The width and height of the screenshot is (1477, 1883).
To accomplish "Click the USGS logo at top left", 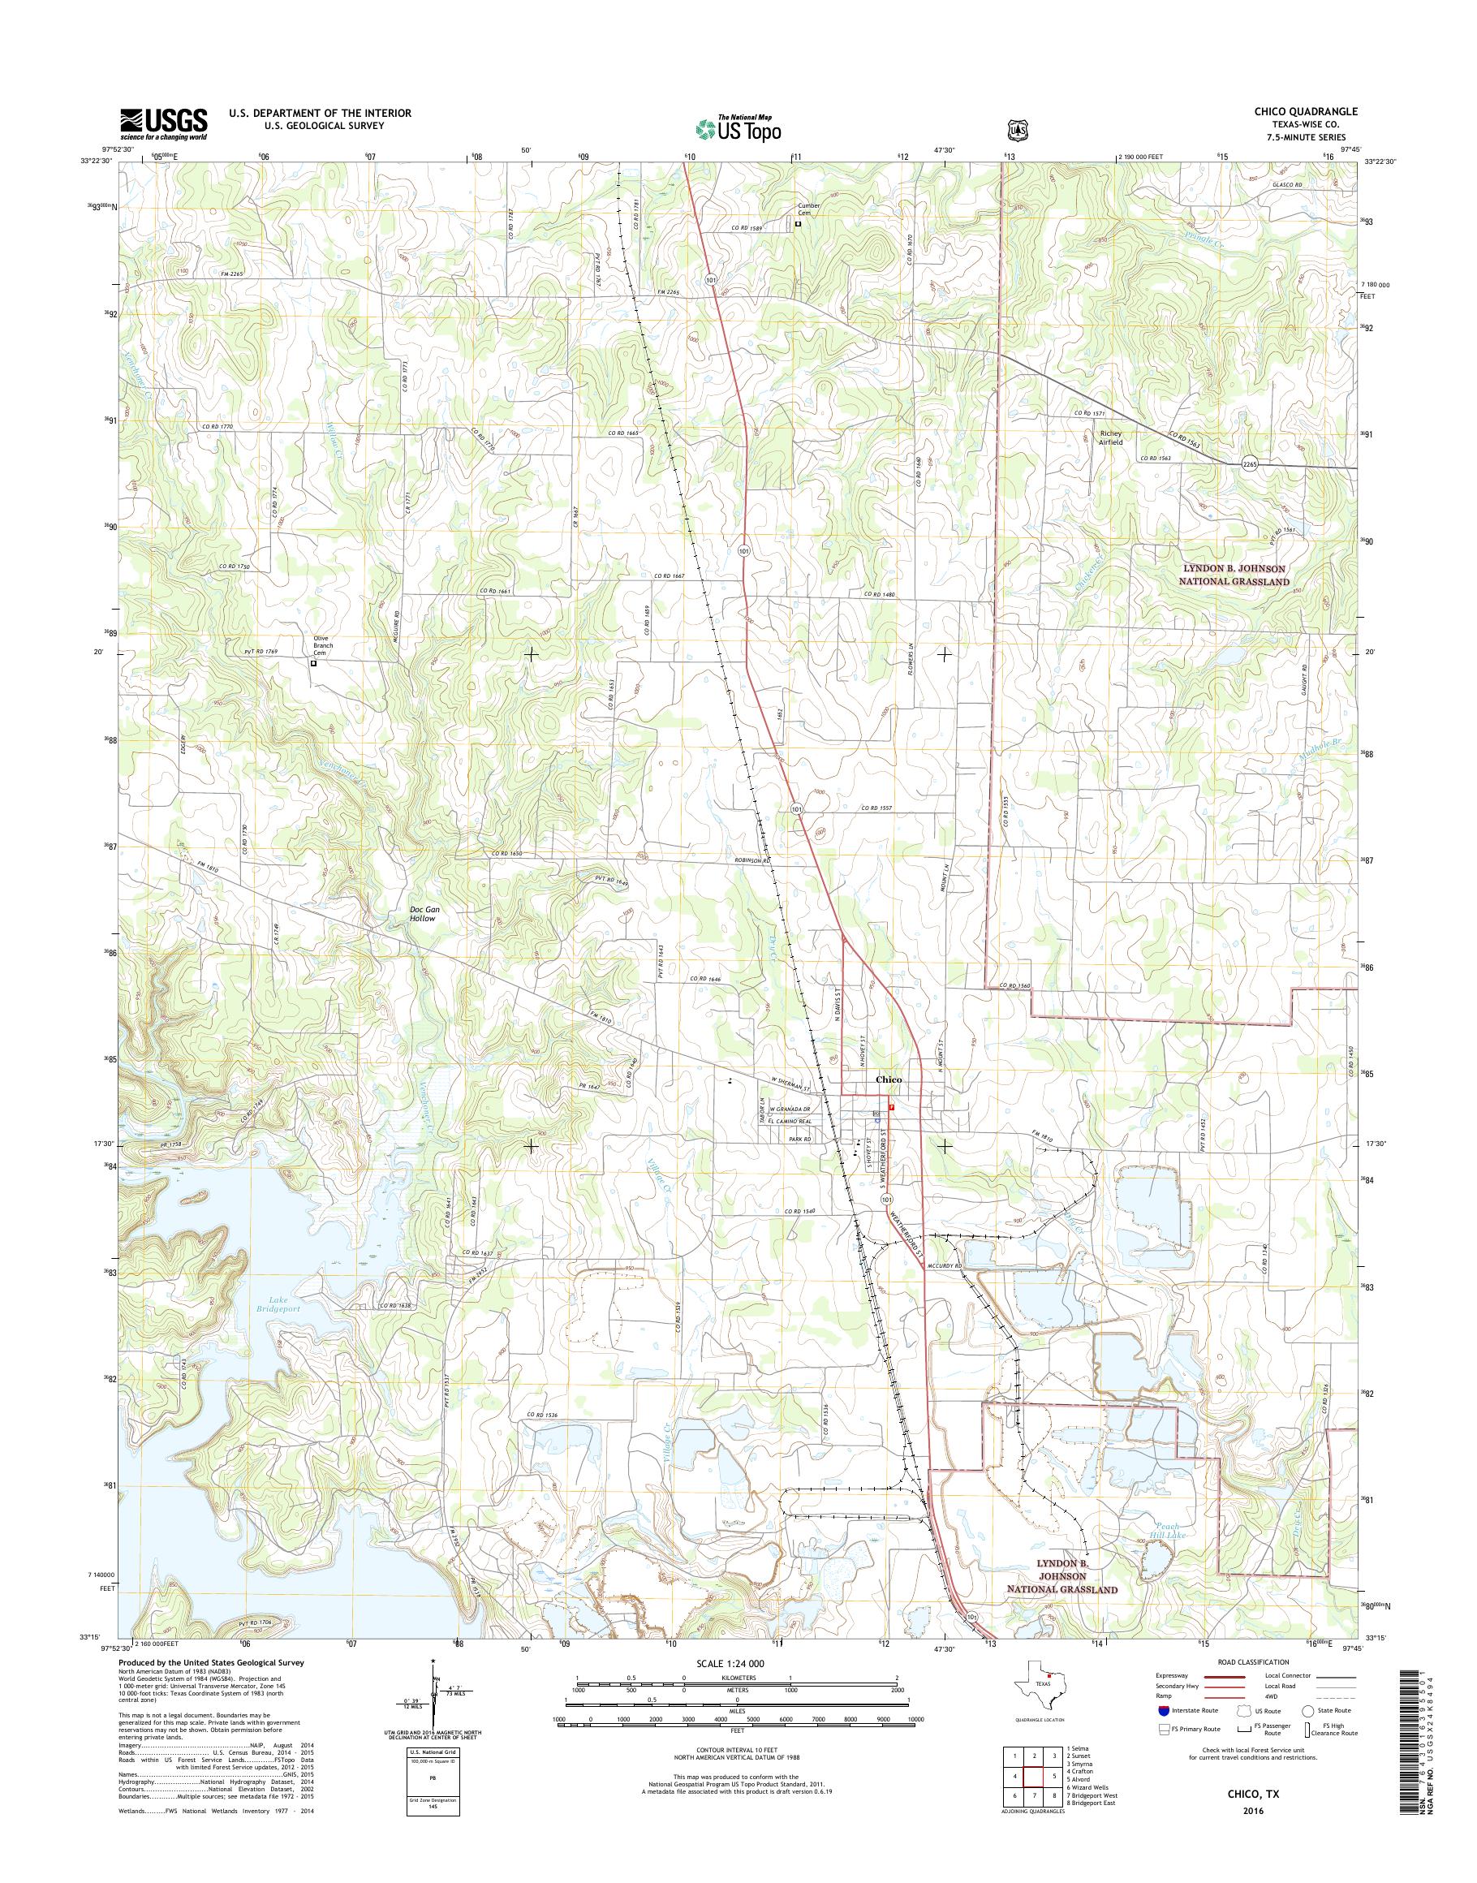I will coord(163,123).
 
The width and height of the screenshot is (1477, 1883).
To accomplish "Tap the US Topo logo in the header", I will coord(738,129).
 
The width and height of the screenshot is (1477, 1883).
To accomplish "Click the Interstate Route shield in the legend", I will coord(1164,1711).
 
